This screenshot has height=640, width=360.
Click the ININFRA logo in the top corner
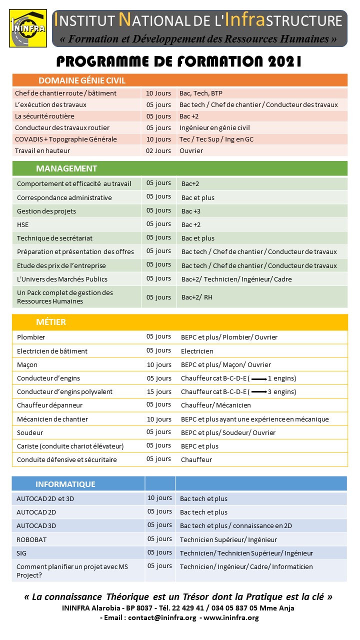27,28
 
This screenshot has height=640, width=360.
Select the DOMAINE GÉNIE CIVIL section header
81,80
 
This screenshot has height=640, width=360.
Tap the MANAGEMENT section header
66,168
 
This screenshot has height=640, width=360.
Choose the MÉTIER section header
50,322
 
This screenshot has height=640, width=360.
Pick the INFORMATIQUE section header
65,484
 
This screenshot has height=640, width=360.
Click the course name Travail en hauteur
42,150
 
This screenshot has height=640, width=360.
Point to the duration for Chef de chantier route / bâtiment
158,93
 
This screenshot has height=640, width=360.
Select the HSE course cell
23,225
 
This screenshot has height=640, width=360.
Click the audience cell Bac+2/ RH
197,297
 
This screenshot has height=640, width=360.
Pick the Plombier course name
31,337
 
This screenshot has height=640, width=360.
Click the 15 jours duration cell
159,392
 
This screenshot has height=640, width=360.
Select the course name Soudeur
30,432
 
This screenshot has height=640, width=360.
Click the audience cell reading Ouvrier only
191,150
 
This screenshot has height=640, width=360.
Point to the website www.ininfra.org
231,617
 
